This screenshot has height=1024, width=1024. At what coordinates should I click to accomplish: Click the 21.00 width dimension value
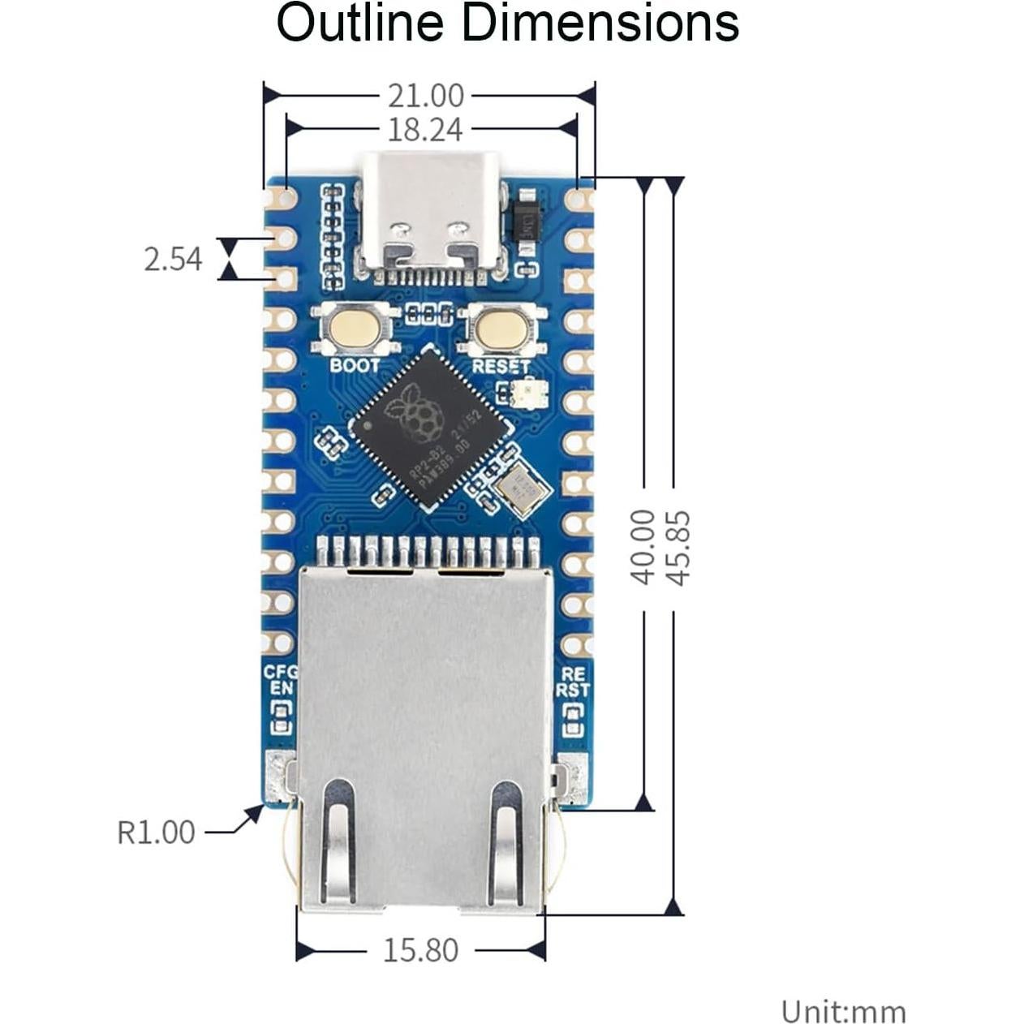(x=425, y=96)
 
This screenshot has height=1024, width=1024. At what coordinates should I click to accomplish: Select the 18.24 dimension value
(x=425, y=129)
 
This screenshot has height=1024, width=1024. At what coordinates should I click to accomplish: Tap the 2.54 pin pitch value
(x=172, y=260)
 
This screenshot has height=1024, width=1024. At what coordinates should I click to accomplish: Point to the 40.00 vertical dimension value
(x=643, y=547)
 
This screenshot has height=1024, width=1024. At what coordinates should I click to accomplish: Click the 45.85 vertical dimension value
(x=678, y=547)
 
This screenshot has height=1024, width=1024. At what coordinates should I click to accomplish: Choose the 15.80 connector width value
(x=420, y=950)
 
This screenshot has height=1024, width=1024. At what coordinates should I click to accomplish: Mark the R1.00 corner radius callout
(x=156, y=833)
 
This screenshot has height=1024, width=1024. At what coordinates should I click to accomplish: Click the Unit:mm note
(x=843, y=1012)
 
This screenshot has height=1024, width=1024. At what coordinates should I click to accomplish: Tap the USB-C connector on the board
(x=431, y=213)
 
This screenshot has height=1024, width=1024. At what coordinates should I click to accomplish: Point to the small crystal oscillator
(x=518, y=488)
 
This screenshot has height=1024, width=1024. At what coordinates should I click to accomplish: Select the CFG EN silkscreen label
(x=281, y=681)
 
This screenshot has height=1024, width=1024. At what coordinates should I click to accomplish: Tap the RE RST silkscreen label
(x=573, y=682)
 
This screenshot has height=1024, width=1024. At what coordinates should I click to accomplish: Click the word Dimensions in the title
(x=600, y=24)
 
